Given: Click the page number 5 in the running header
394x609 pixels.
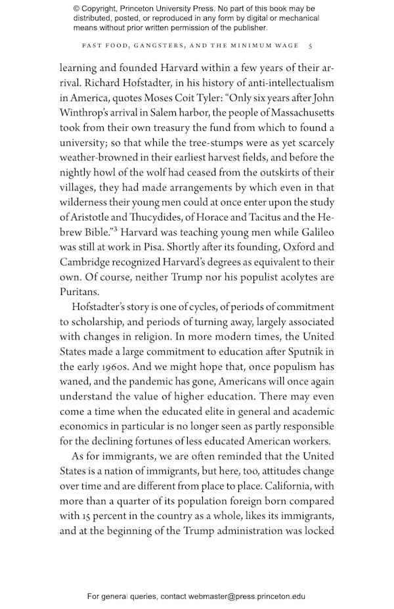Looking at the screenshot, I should [x=311, y=46].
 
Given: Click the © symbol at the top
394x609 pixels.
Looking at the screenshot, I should [x=77, y=8].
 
